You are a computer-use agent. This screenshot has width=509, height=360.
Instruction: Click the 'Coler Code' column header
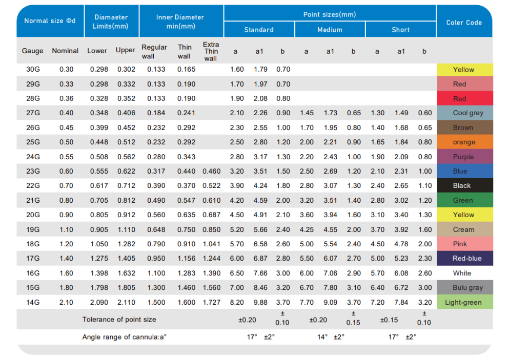[464, 22]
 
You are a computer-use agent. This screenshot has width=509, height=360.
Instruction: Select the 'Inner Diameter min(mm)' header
[180, 22]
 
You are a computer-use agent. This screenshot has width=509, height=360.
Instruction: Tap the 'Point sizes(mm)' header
[330, 14]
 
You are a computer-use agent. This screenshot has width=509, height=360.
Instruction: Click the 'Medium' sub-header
[330, 30]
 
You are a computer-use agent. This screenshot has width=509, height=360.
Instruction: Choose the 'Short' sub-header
[400, 30]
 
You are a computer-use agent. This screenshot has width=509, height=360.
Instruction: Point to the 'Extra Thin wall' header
[211, 51]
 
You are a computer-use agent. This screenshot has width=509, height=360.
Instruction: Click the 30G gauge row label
[32, 70]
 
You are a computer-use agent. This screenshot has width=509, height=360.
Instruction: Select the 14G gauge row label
[32, 302]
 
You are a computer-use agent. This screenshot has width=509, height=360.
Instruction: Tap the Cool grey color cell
[464, 113]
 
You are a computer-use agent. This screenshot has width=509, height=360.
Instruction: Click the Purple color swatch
[464, 157]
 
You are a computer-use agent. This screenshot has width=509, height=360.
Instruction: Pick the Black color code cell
[464, 186]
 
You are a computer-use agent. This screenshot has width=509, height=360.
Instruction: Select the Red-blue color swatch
[464, 259]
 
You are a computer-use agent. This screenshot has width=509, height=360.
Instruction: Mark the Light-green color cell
[464, 302]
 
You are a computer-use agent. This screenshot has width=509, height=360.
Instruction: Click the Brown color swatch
[464, 128]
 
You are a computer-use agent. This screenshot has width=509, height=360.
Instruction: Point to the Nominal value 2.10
[66, 302]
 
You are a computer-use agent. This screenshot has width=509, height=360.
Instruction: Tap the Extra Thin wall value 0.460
[211, 172]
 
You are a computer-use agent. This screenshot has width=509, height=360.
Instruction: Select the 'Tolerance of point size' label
[119, 319]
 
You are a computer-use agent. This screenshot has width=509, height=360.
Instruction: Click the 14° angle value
[322, 337]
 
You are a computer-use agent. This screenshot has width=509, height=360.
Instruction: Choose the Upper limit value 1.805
[126, 288]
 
